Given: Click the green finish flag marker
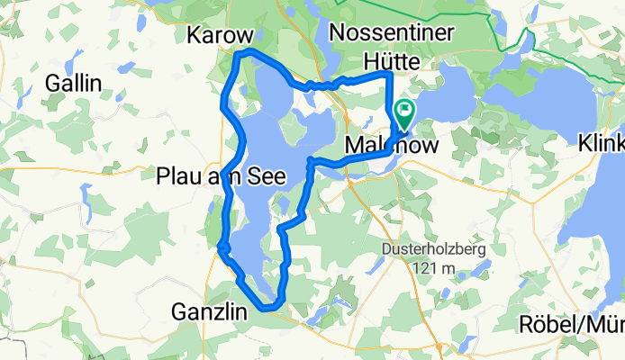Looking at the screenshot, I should point(404,113).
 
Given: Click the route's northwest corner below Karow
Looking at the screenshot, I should point(238,55).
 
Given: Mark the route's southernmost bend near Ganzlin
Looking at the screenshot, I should point(267,308).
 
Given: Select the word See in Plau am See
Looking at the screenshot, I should point(267,176).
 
